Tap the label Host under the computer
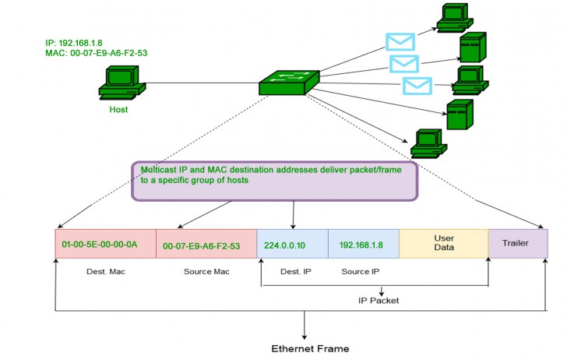118,110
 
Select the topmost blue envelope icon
400,42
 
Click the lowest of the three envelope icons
417,85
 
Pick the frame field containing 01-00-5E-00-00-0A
105,244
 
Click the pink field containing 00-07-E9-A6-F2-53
206,244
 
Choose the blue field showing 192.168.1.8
363,244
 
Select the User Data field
443,244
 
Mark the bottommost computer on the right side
428,141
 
